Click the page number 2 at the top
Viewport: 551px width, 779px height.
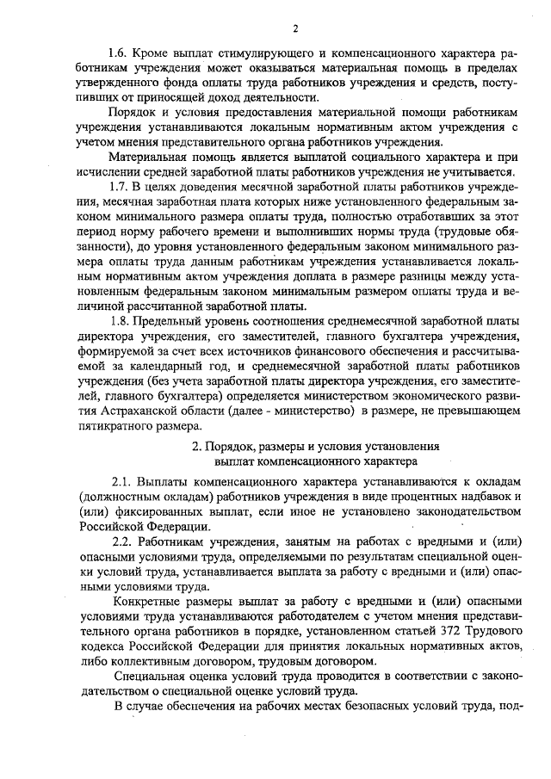pyautogui.click(x=294, y=28)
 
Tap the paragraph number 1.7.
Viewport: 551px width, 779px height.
pyautogui.click(x=117, y=186)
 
